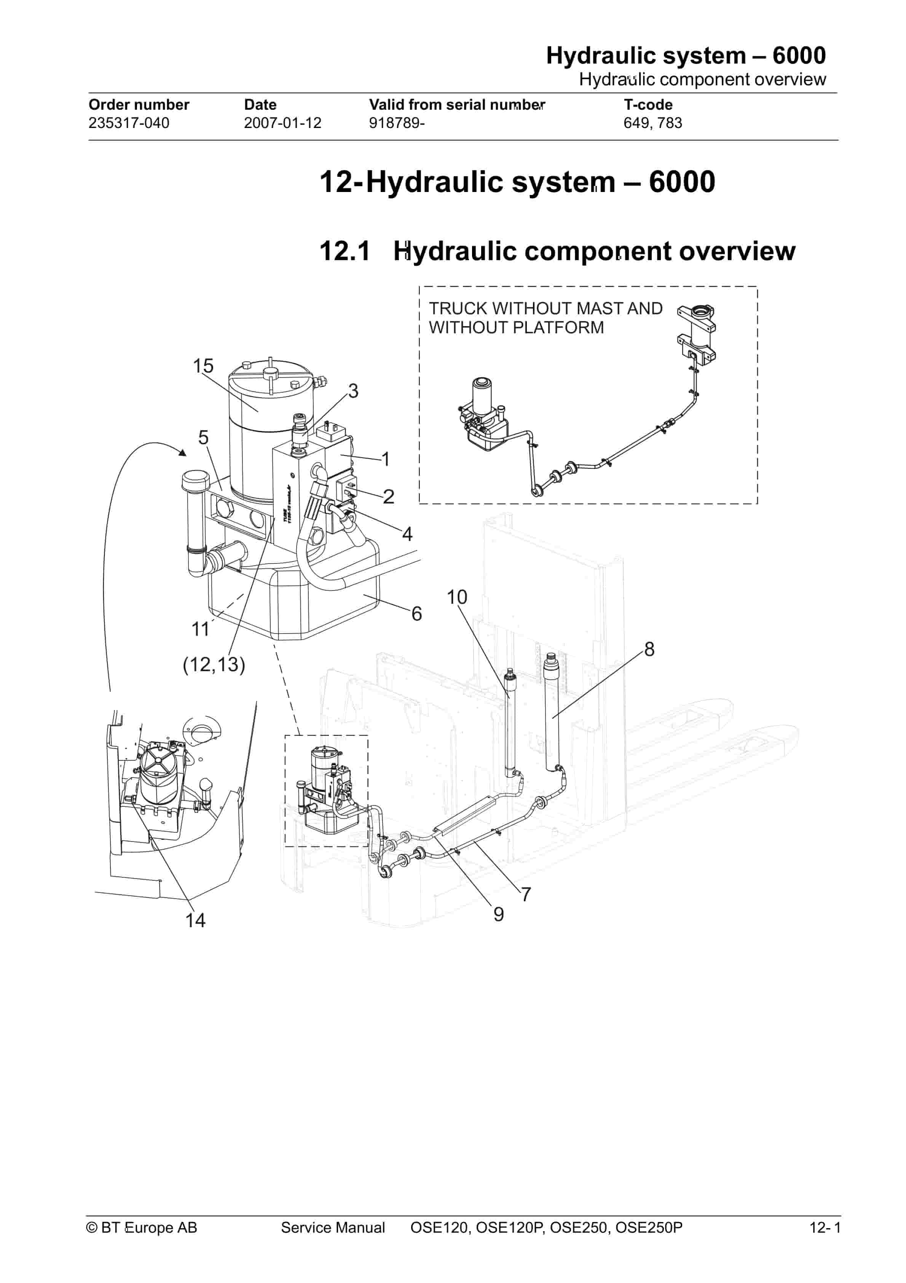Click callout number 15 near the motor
coord(203,366)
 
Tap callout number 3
coord(353,391)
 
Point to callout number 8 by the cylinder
coord(649,649)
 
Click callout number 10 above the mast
coord(456,597)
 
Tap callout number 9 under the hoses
coord(498,914)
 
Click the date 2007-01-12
coord(282,123)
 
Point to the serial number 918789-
coord(397,123)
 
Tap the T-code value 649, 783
coord(652,123)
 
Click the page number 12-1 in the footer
coord(825,1228)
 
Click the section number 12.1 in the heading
coord(344,251)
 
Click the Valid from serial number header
coord(456,105)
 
